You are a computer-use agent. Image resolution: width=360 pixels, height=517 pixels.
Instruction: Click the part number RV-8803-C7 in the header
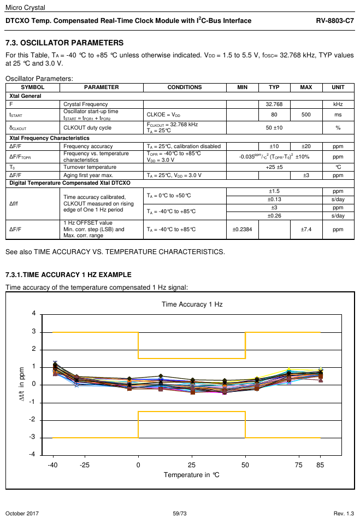335,21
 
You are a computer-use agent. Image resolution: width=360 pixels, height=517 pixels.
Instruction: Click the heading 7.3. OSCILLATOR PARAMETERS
64,43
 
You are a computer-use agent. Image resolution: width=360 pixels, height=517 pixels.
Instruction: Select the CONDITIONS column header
184,87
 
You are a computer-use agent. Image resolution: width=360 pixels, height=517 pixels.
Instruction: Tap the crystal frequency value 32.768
274,104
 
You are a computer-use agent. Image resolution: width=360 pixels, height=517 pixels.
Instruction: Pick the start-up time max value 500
306,115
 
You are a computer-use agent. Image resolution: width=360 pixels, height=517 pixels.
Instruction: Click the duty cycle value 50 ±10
274,127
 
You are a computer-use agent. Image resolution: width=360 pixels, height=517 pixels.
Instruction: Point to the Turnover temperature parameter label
86,167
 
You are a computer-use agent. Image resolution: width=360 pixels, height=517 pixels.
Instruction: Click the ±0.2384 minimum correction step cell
242,230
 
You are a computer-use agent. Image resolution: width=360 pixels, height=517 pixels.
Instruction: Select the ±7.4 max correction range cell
306,230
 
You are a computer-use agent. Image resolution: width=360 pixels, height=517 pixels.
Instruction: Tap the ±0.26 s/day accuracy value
274,216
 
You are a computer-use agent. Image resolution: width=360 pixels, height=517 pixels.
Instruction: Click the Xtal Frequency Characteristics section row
49,138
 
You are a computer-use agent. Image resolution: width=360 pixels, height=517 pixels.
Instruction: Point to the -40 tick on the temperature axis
53,465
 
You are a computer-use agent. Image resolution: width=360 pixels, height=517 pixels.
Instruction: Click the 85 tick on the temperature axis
320,465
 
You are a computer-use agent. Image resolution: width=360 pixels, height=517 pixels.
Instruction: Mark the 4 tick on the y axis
33,314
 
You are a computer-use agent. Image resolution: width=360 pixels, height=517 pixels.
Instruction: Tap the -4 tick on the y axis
32,455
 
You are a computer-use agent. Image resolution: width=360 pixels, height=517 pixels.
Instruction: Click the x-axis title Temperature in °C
191,474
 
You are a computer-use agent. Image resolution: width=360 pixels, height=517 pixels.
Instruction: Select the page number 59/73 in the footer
180,513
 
